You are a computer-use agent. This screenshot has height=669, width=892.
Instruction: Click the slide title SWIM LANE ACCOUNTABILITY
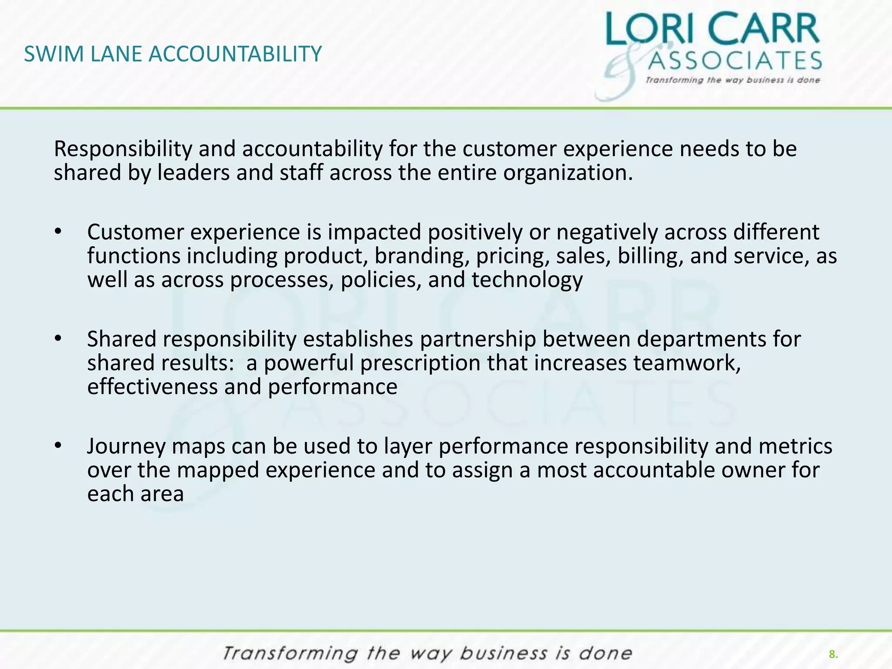[x=173, y=54]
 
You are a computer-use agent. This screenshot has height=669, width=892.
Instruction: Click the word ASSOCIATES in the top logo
[x=735, y=61]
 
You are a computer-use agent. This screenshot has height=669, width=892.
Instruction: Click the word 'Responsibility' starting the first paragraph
[x=123, y=149]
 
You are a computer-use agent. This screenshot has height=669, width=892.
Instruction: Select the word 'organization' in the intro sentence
[x=565, y=173]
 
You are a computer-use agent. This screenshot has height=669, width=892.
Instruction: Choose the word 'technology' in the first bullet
[x=527, y=280]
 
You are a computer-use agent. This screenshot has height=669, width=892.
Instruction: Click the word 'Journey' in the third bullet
[x=126, y=447]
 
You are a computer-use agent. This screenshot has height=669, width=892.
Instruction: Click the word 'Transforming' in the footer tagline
[x=290, y=654]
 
